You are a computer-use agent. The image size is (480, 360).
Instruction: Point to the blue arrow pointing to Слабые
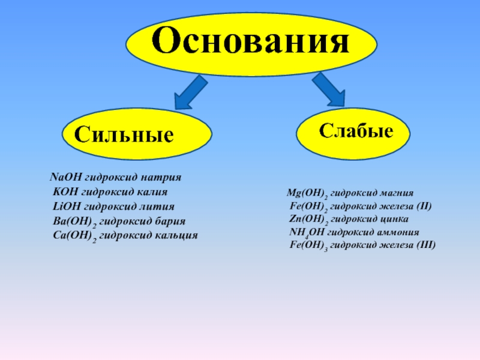tap(328, 90)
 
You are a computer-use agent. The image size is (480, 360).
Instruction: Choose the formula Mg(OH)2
tap(306, 194)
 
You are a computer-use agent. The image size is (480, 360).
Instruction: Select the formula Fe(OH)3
tap(308, 245)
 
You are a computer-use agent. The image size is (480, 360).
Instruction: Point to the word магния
tap(395, 193)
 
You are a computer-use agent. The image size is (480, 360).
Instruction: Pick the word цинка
tap(392, 219)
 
